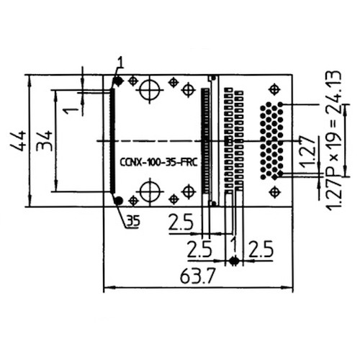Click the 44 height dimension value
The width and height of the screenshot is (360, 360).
(17, 139)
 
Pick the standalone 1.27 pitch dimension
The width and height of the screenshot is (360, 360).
(305, 153)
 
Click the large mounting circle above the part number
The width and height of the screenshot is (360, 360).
(150, 91)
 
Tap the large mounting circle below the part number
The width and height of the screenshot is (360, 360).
(150, 192)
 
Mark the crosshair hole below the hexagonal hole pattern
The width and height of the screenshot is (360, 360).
(274, 192)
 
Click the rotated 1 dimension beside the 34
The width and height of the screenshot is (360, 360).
(70, 110)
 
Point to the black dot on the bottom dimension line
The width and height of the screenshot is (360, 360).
(234, 260)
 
